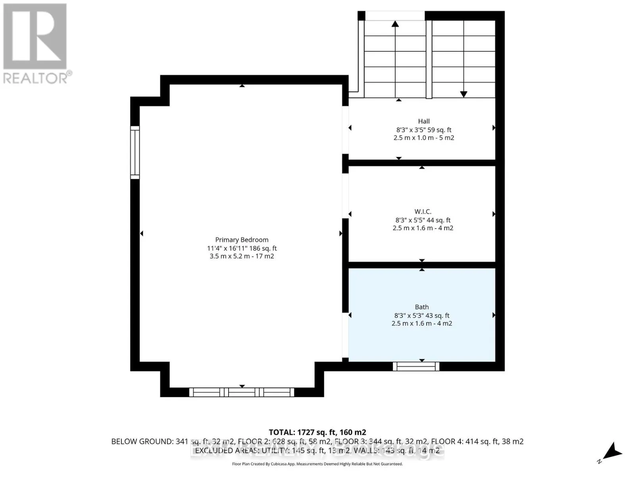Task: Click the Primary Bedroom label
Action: [x=242, y=240]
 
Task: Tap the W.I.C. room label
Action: [x=423, y=211]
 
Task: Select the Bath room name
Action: [x=421, y=307]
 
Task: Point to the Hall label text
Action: [x=423, y=121]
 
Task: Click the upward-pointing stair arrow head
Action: [x=395, y=24]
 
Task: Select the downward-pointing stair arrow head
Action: [x=464, y=94]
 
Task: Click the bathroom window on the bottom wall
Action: [x=416, y=366]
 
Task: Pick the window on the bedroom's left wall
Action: [x=135, y=152]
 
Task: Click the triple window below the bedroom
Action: [x=242, y=392]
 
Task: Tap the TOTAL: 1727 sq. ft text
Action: [x=317, y=432]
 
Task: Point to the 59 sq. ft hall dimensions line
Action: [x=423, y=130]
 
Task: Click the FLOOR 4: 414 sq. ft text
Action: [x=477, y=441]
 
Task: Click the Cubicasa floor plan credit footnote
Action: [x=317, y=464]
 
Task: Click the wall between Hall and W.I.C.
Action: [x=422, y=163]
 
